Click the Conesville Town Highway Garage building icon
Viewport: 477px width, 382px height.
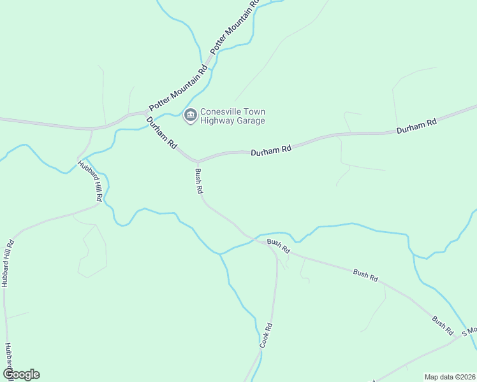click(189, 115)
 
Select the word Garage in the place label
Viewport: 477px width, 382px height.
click(248, 120)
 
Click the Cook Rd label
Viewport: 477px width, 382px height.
click(266, 336)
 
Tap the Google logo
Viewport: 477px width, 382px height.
click(21, 374)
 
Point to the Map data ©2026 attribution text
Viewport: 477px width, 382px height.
click(450, 377)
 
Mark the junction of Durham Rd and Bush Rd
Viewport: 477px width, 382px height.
click(196, 161)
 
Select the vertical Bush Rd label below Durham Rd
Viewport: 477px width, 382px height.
click(199, 181)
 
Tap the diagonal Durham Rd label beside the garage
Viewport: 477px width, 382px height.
click(161, 132)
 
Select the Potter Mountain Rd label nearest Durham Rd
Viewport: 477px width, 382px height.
click(178, 88)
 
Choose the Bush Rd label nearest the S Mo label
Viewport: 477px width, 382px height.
click(442, 325)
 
